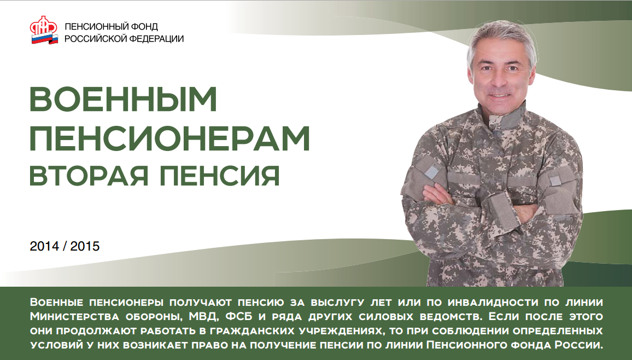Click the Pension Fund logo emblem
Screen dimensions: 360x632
[44, 32]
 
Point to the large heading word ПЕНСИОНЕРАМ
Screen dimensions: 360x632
[169, 140]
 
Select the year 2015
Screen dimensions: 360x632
[85, 247]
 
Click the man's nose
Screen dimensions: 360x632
[499, 79]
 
